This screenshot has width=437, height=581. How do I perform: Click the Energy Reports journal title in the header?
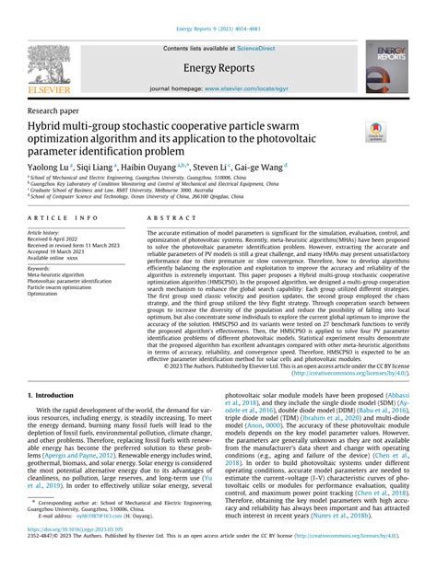(218, 67)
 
